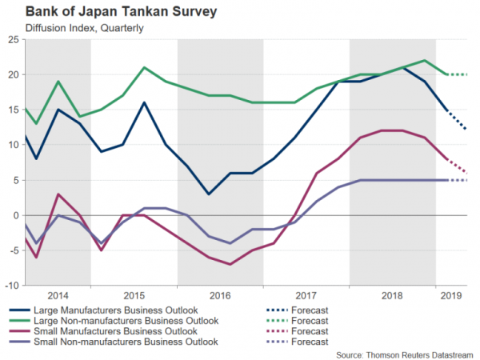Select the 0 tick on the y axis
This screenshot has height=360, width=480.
(16, 215)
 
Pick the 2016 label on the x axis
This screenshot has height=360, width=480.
(220, 295)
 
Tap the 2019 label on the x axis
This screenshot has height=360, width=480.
(452, 295)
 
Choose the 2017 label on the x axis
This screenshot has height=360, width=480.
(306, 295)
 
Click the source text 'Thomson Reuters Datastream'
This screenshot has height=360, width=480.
(405, 354)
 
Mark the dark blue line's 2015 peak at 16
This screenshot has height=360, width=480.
(144, 102)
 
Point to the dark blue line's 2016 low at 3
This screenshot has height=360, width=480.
(209, 194)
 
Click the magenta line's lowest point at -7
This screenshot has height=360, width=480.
(230, 264)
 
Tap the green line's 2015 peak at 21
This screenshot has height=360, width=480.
(144, 67)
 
